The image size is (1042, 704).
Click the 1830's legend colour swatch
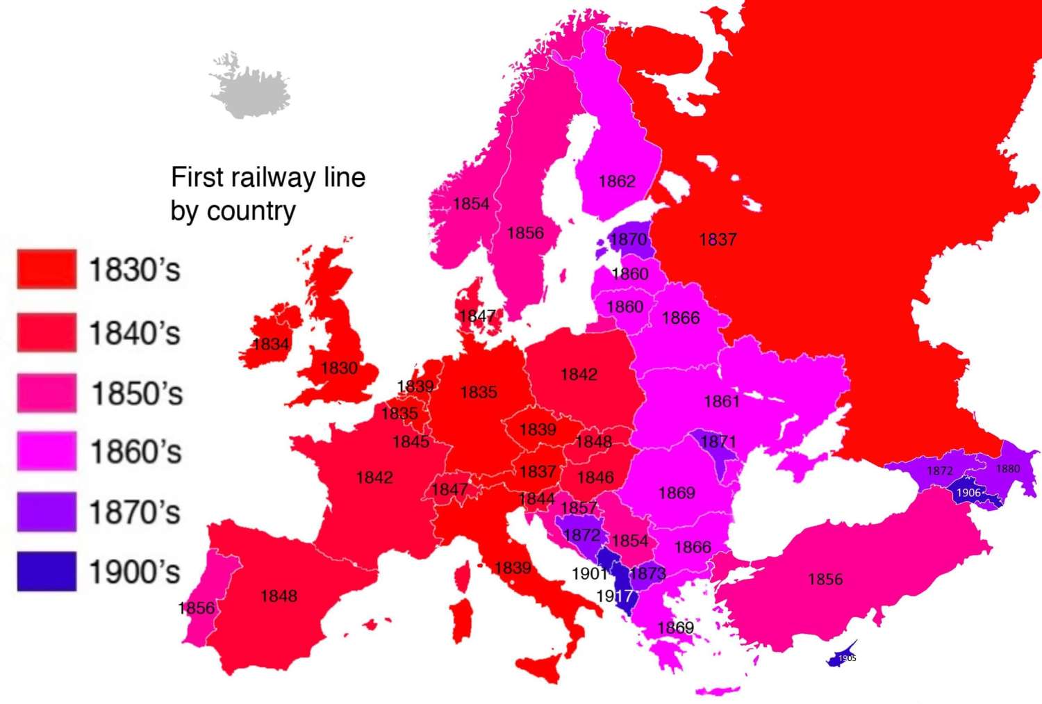coord(47,270)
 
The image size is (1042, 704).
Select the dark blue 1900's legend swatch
coord(47,571)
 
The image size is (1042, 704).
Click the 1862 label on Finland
coord(617,181)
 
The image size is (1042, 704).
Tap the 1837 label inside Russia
coord(717,240)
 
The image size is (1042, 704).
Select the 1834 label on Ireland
coord(271,344)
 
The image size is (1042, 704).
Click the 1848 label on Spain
coord(279,596)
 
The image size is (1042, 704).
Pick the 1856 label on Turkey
coord(825,579)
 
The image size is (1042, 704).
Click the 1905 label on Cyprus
coord(847,658)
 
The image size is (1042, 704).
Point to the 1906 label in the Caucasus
coord(968,493)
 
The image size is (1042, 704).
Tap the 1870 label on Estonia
coord(628,240)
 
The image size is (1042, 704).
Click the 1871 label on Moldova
coord(718,442)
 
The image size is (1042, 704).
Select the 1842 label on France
coord(374,477)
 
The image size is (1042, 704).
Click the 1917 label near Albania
coord(614,596)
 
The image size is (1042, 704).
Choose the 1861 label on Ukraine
coord(722,401)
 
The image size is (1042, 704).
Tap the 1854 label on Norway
coord(471,204)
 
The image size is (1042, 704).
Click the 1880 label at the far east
coord(1007,468)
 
